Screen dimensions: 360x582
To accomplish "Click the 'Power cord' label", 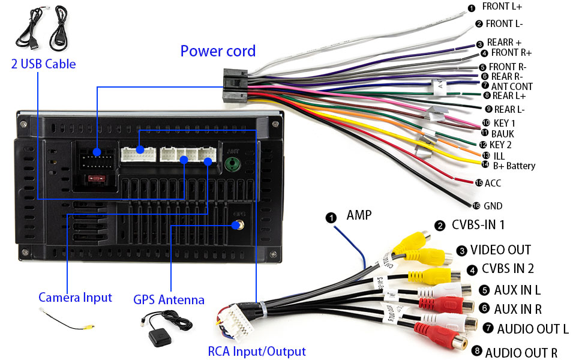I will [x=218, y=51].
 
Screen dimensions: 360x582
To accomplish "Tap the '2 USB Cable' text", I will [x=43, y=64].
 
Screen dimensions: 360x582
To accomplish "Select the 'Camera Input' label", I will [x=75, y=297].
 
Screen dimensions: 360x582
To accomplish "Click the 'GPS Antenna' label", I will [x=169, y=299].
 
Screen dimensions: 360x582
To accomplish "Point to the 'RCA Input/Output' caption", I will [x=257, y=352].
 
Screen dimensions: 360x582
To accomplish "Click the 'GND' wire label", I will [x=493, y=206].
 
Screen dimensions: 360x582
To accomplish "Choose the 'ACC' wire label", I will [x=493, y=183].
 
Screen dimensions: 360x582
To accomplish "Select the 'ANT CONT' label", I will [x=512, y=86].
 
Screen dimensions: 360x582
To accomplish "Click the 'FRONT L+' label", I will [x=502, y=7].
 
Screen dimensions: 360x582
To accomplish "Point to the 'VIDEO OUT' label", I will [x=500, y=250].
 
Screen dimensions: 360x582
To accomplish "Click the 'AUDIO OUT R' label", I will [x=521, y=352].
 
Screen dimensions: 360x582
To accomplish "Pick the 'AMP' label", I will [x=359, y=215].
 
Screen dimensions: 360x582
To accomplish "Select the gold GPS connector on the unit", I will [x=238, y=226].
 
